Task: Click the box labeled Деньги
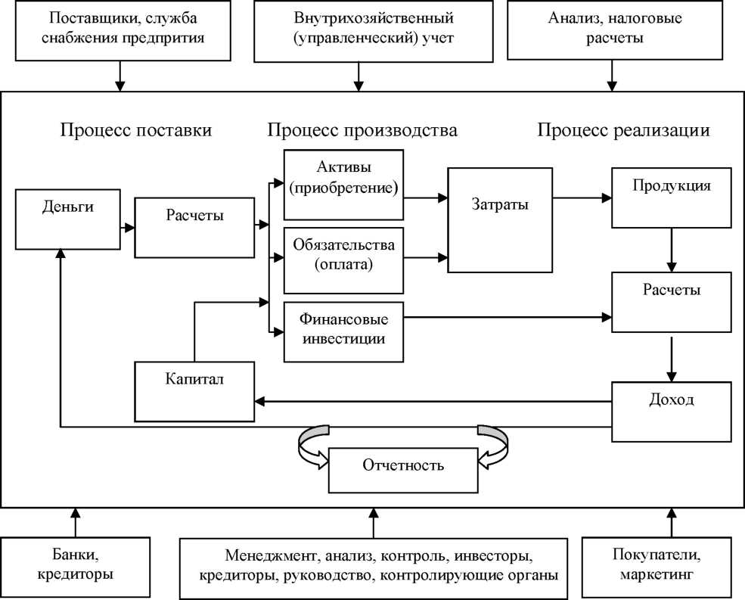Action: pos(68,220)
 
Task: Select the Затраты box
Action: pos(500,219)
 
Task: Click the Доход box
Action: pos(672,412)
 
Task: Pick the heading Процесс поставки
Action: pos(136,130)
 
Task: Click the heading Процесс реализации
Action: pos(624,130)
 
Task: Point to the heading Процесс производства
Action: pos(362,130)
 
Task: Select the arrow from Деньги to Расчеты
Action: pos(126,225)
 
